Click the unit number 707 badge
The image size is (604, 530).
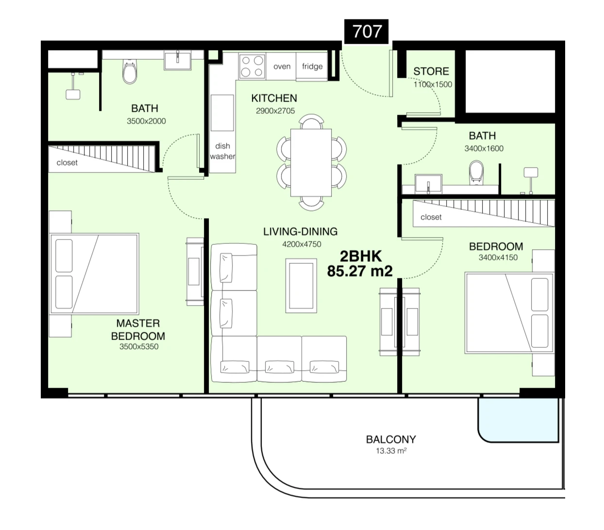(366, 31)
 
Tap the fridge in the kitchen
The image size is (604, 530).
(312, 66)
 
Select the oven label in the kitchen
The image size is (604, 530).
(282, 66)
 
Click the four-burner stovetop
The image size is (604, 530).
(252, 66)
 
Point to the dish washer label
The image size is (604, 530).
(222, 151)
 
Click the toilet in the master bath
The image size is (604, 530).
(130, 71)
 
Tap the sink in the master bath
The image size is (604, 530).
(177, 60)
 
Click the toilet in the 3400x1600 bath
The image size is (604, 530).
(476, 173)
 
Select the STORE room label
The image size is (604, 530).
(431, 71)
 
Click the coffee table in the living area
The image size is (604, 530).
(301, 286)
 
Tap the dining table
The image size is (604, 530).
(311, 163)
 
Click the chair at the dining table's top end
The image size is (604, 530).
(311, 121)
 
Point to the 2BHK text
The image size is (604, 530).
(361, 256)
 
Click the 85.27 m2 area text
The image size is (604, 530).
(360, 271)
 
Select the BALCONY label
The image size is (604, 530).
(391, 439)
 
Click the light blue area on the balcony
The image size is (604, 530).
(518, 419)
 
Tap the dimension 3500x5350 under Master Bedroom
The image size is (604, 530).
(139, 346)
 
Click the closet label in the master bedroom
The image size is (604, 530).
(67, 163)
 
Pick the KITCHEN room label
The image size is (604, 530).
(274, 98)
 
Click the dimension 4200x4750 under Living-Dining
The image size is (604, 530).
(302, 244)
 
